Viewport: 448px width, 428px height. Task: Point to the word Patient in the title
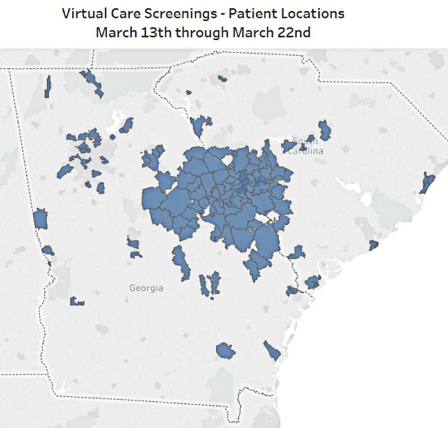click(250, 13)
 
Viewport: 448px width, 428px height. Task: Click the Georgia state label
click(146, 288)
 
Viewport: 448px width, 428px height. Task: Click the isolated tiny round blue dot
click(113, 137)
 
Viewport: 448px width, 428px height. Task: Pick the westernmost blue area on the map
click(40, 219)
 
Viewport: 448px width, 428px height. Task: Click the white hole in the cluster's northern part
click(226, 160)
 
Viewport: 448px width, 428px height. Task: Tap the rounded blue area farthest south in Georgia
click(225, 351)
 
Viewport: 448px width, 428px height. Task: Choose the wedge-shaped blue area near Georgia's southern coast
click(272, 350)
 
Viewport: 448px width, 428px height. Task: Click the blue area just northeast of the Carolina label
click(325, 129)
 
